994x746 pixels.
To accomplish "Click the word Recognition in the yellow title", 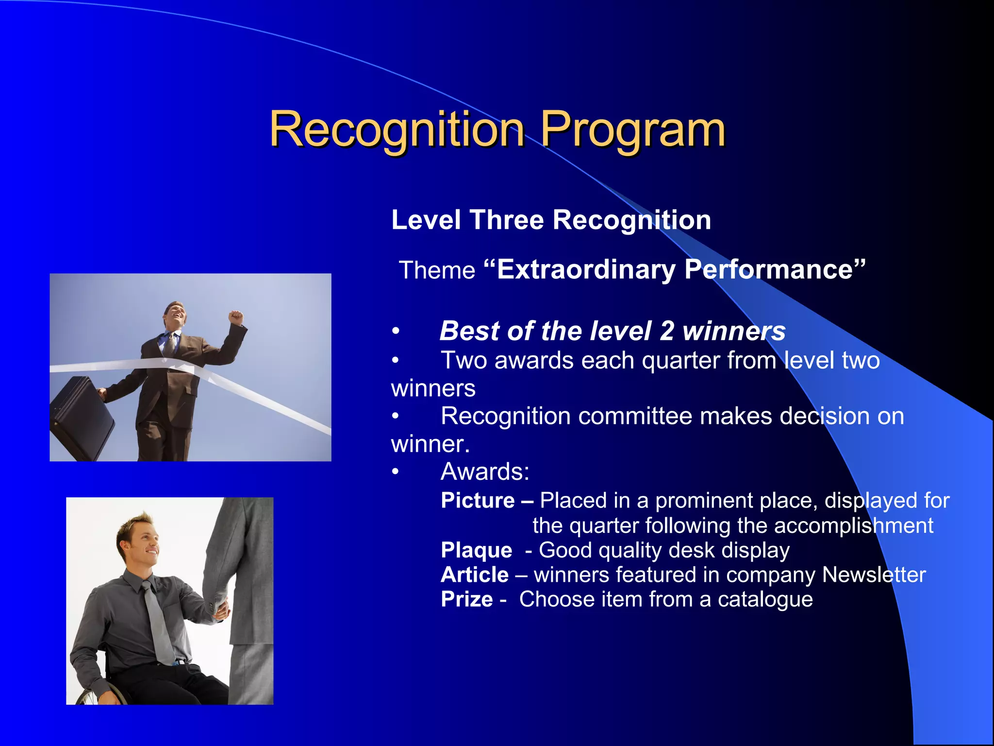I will pos(397,129).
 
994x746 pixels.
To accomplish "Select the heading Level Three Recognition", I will pos(551,220).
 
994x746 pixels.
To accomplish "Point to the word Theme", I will pos(437,270).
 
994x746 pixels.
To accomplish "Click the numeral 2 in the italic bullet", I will pos(667,331).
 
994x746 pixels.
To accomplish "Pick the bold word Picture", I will pos(478,500).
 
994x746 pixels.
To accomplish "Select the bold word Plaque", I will pos(476,550).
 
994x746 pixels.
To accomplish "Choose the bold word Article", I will pos(474,575).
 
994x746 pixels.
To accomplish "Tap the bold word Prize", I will pos(466,599).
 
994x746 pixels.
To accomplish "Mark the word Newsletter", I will pos(874,575).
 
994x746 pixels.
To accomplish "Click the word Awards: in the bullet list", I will pos(485,472).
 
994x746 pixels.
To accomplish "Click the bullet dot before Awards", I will pos(396,472).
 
